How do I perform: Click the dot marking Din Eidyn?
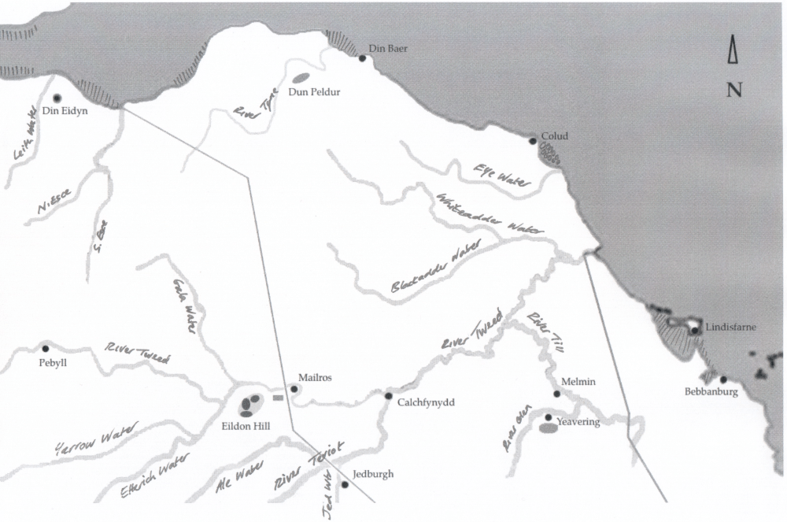57,98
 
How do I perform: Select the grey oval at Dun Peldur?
301,79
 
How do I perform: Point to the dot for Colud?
533,141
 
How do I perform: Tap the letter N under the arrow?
734,90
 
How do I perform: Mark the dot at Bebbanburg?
723,379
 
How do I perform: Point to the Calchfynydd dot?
388,395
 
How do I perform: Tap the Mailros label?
316,377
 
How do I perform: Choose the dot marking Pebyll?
45,348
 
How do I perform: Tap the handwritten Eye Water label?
501,175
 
